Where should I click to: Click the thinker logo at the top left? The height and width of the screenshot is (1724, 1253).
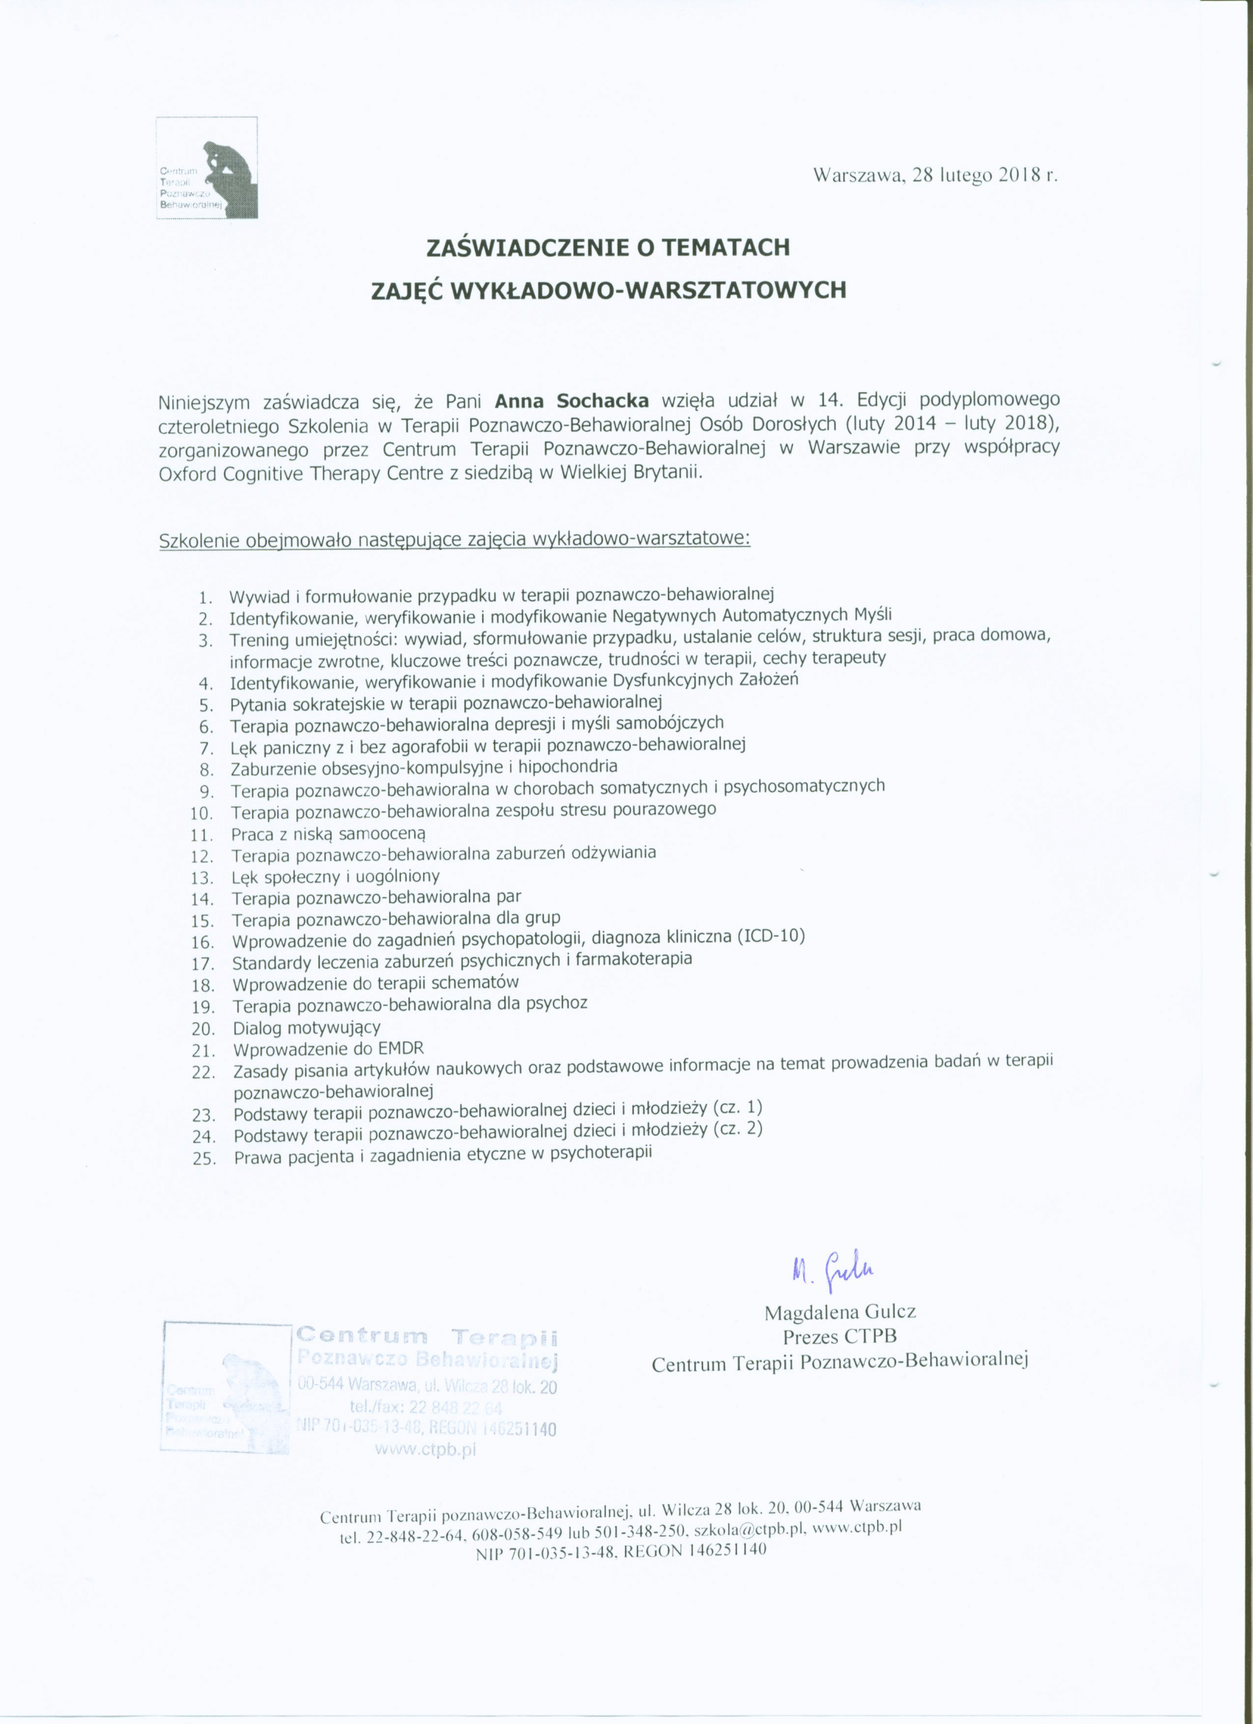(x=206, y=167)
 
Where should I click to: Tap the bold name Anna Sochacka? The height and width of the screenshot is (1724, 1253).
(x=572, y=400)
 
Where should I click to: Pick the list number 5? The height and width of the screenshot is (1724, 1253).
(x=206, y=704)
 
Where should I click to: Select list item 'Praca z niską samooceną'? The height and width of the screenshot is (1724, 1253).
(x=329, y=834)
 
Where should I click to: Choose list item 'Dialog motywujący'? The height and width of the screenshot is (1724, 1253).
(x=307, y=1028)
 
